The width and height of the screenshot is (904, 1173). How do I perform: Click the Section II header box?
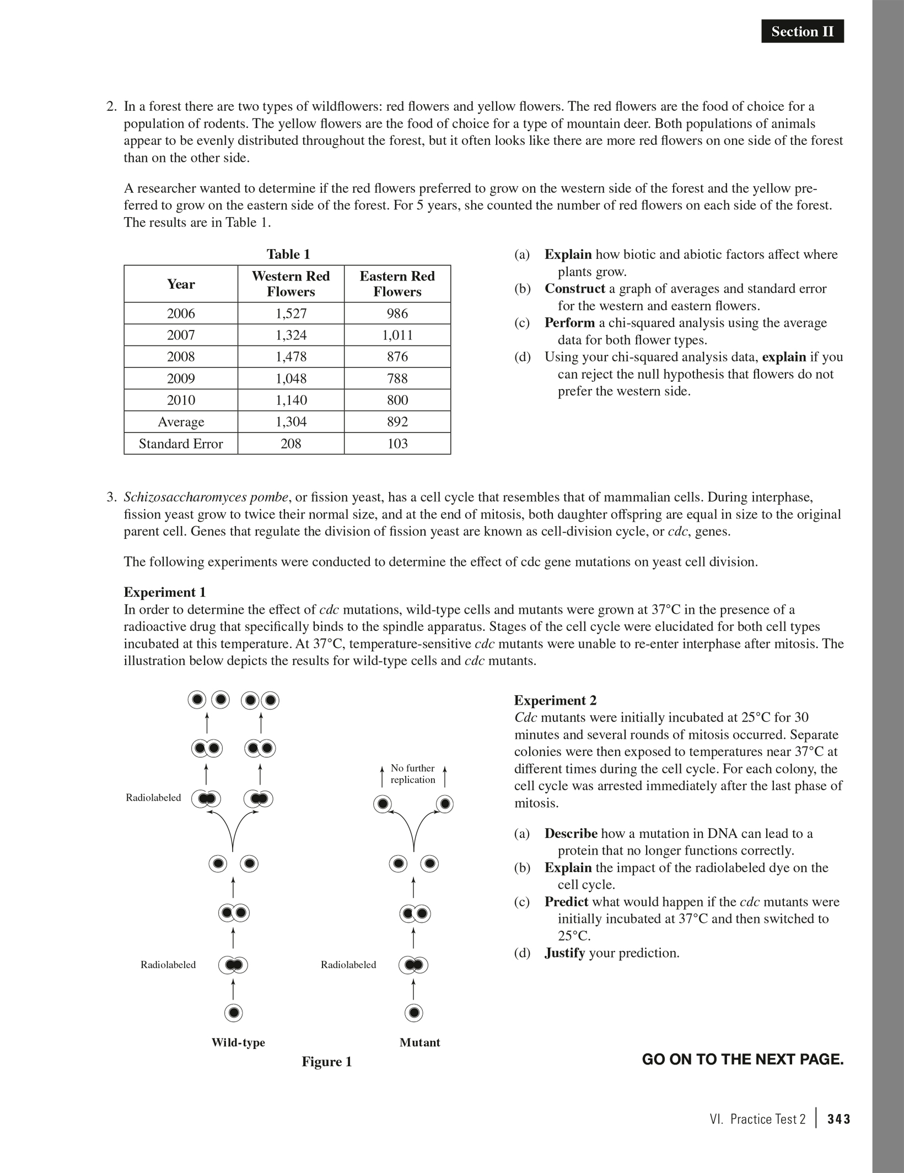click(802, 31)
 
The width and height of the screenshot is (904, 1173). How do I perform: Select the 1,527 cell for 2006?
click(290, 313)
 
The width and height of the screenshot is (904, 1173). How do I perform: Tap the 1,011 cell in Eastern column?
click(397, 335)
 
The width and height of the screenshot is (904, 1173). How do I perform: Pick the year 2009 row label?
click(181, 379)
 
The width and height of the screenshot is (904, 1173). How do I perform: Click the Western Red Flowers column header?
click(290, 284)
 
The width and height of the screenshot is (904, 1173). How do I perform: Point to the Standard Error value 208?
click(290, 444)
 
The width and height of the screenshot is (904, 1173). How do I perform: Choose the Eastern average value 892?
click(397, 422)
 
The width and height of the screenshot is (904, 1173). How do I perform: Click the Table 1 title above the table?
click(288, 254)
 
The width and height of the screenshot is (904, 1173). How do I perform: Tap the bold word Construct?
click(574, 289)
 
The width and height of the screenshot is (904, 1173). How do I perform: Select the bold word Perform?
click(569, 323)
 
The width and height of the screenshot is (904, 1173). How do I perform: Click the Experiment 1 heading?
click(164, 592)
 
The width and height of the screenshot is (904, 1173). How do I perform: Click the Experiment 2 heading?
click(555, 700)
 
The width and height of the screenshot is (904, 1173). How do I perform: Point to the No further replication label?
click(412, 774)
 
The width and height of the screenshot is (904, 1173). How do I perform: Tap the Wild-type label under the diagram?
click(238, 1042)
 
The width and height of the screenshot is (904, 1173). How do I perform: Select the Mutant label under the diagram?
click(419, 1042)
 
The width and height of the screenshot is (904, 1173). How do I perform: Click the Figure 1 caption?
click(326, 1062)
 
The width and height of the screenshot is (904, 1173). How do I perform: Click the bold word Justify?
click(564, 953)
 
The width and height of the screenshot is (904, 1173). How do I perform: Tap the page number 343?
click(838, 1120)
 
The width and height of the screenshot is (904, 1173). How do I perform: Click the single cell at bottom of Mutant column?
click(413, 1013)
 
